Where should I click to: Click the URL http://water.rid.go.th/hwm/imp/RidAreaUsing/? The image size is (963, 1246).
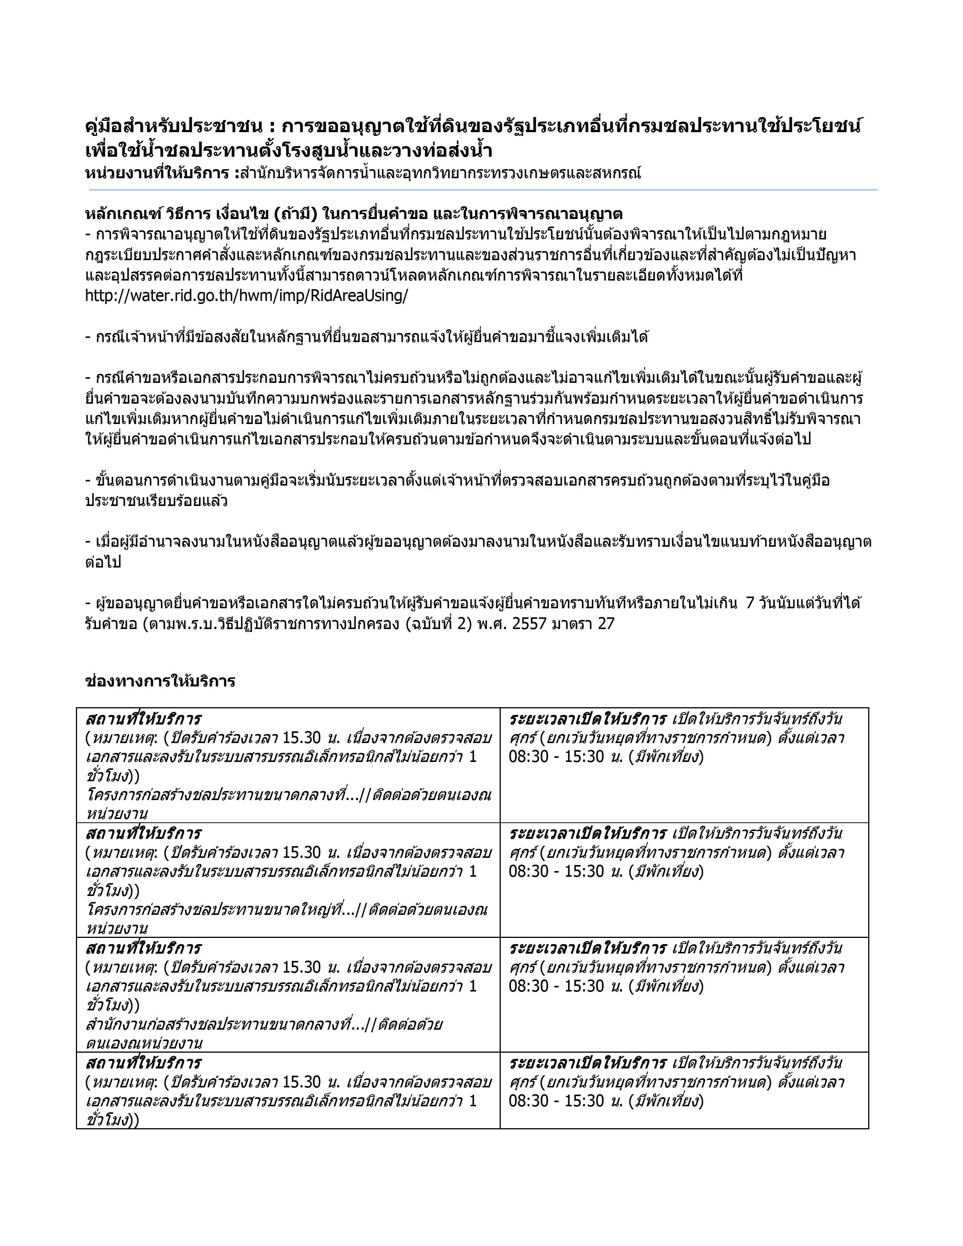[247, 297]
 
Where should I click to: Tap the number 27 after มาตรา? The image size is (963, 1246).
[606, 624]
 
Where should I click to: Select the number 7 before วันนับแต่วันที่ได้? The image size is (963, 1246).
[751, 603]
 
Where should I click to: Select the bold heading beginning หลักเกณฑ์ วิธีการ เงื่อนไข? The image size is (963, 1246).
[354, 214]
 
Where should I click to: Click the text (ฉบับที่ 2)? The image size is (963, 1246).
[439, 624]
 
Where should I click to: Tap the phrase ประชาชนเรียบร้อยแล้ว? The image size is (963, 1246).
[156, 501]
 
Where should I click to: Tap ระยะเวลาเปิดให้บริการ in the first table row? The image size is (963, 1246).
[588, 719]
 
